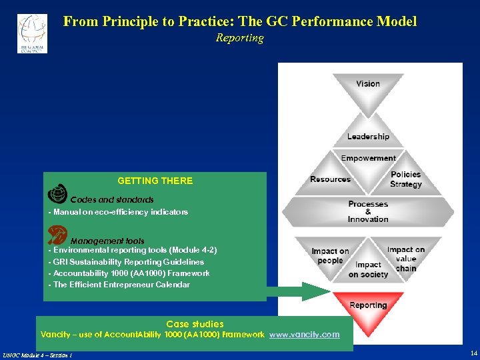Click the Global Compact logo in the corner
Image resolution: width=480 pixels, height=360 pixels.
32,33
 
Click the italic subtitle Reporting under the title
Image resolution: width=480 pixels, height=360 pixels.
239,38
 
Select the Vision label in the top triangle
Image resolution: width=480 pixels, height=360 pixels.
368,84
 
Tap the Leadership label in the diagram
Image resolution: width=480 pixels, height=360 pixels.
368,137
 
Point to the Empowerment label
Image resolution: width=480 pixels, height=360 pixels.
368,158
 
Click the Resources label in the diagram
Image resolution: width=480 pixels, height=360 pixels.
330,179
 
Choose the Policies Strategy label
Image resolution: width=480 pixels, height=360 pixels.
405,179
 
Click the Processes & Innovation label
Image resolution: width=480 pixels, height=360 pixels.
368,211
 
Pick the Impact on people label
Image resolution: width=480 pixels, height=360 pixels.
330,256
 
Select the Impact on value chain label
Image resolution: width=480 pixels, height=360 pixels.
405,259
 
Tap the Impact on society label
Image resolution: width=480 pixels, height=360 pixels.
368,269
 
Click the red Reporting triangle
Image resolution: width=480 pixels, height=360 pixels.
368,312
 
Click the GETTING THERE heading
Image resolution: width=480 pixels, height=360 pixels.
155,181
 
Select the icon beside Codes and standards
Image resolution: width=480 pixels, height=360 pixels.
58,193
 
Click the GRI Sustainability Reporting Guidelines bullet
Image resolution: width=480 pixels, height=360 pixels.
126,262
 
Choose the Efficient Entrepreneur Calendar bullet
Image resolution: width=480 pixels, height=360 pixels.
119,285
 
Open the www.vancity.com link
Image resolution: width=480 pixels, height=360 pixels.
304,335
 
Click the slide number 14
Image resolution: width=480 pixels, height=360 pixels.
473,353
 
